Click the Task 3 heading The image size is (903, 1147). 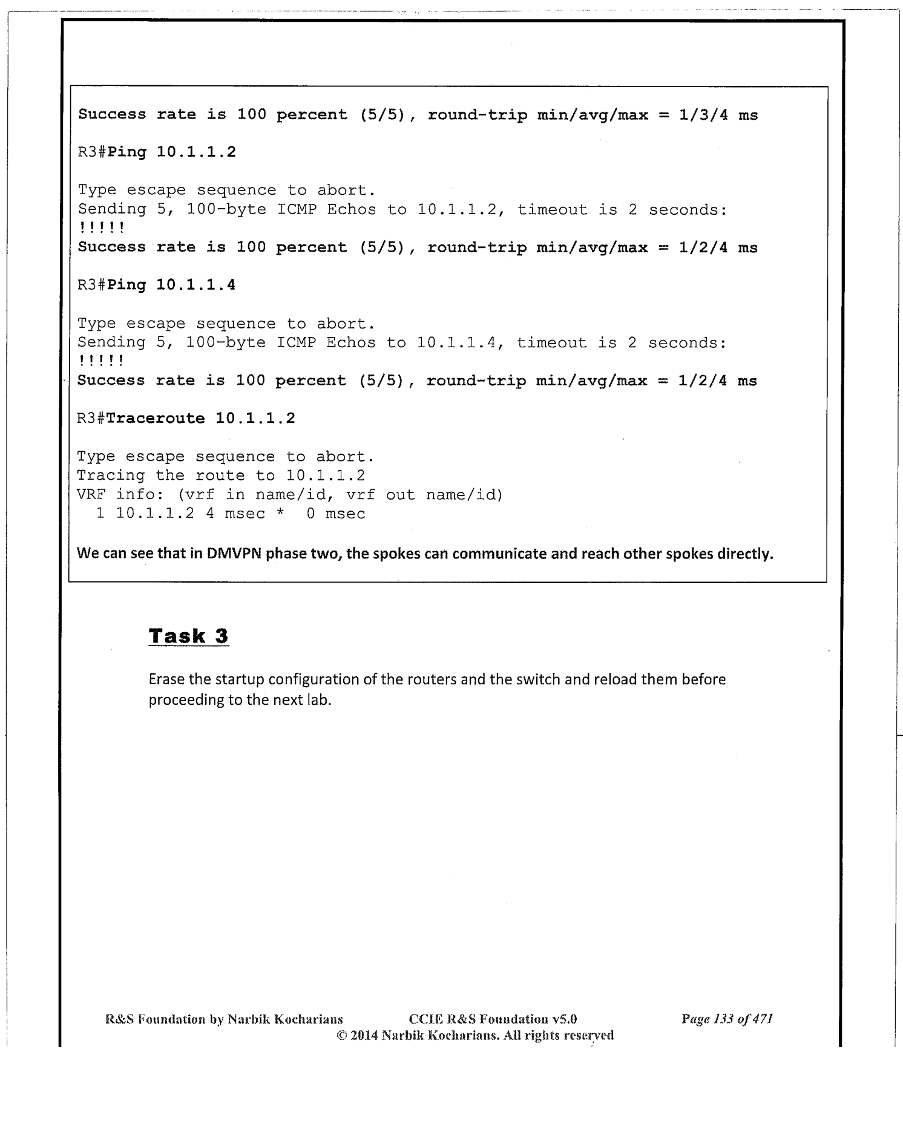(x=188, y=636)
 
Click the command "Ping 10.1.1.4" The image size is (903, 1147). (x=171, y=285)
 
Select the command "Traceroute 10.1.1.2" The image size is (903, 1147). (x=200, y=418)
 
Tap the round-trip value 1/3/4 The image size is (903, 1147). (x=703, y=115)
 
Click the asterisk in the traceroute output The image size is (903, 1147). (x=280, y=514)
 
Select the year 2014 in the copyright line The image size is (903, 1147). (x=364, y=1035)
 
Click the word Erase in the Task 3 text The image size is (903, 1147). (x=167, y=679)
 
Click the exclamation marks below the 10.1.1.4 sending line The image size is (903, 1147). (x=101, y=362)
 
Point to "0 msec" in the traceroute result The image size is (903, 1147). (x=335, y=514)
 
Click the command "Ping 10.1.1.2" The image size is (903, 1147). (x=171, y=152)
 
